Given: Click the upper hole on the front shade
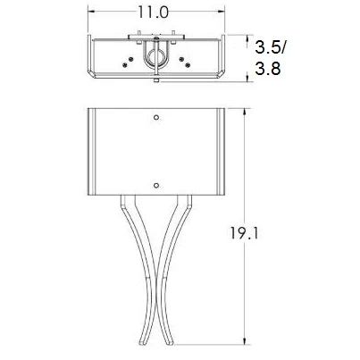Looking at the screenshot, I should coord(156,118).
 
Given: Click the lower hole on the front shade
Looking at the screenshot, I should coord(156,186).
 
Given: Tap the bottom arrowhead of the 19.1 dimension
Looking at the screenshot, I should coord(247,343).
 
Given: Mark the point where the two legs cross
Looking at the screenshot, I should coord(156,309).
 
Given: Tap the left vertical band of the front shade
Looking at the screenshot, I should coord(96,152).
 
